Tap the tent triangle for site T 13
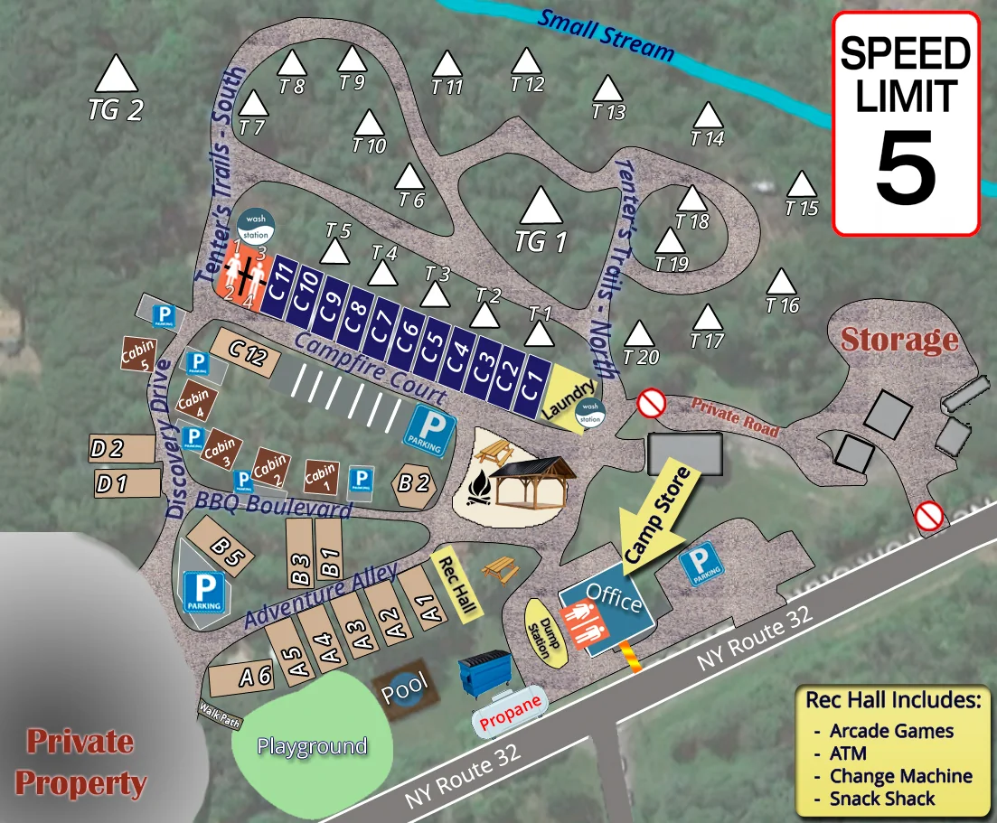pos(608,89)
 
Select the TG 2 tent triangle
pos(116,74)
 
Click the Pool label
pos(403,691)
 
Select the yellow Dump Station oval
pos(539,631)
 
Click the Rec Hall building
pos(457,584)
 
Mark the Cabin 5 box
pos(138,355)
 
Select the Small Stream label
pos(606,34)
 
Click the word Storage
pos(898,340)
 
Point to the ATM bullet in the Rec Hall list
pos(847,753)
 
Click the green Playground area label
pos(312,746)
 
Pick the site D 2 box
pos(122,448)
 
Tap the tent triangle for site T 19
pos(670,241)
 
